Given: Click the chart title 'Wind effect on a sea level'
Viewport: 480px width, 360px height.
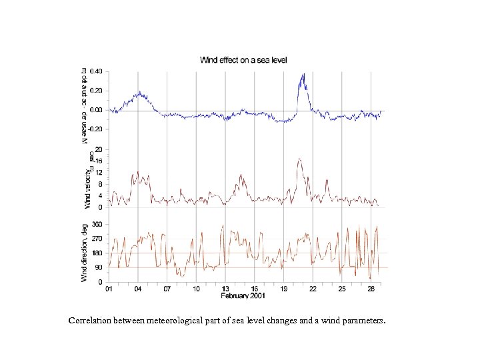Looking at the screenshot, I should tap(245, 60).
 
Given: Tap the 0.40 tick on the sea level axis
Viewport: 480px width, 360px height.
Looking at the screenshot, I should tap(96, 71).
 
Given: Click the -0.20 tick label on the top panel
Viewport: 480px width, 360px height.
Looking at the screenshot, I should tap(95, 129).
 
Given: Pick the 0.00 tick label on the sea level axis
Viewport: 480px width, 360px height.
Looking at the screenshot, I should tap(96, 110).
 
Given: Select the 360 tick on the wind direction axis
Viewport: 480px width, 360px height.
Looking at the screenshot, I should tap(97, 225).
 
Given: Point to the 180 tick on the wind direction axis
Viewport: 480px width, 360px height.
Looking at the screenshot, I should tap(97, 253).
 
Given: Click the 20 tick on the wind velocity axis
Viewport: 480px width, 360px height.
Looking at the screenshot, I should tap(99, 149).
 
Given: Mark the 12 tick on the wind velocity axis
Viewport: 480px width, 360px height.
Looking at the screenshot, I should tap(99, 172).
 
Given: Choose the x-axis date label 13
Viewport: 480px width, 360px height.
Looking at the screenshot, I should tap(225, 289).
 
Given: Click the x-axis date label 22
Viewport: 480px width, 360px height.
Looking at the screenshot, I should tap(313, 289).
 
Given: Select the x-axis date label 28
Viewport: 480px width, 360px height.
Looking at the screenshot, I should tap(371, 289).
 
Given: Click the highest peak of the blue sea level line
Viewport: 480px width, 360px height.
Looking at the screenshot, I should tap(303, 74).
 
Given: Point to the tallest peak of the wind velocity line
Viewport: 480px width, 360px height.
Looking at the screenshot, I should tap(300, 159).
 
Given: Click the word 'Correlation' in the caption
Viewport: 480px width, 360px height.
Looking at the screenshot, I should tap(89, 321).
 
